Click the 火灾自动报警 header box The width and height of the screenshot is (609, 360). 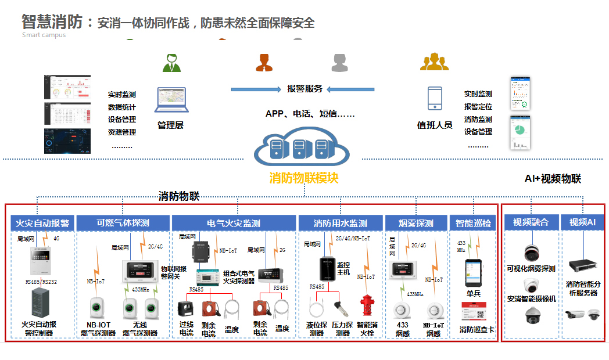[42, 223]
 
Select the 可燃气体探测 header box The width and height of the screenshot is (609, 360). [123, 223]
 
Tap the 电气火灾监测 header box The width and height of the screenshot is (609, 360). [234, 223]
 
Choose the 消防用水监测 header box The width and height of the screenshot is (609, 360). [341, 223]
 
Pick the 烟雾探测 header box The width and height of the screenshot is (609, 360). [416, 223]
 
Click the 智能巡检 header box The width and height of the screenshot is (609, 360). [473, 223]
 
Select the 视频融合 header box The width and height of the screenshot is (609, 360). [531, 222]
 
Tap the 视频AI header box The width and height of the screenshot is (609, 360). [583, 222]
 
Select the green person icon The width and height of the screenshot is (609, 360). [171, 63]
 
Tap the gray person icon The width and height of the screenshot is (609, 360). [339, 62]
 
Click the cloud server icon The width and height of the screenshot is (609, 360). [301, 149]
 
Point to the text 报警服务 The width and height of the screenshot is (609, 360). [304, 89]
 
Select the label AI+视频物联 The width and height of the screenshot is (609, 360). [553, 179]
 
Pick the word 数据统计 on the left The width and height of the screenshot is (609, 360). [122, 107]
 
